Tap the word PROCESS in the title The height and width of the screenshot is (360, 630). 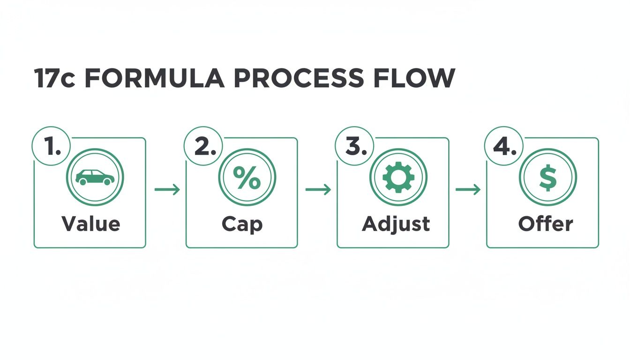pyautogui.click(x=299, y=78)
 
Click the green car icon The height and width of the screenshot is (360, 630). pyautogui.click(x=95, y=178)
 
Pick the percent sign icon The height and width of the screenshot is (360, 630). pyautogui.click(x=247, y=178)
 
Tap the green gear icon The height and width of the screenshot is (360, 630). pyautogui.click(x=398, y=178)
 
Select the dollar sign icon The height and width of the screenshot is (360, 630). pyautogui.click(x=547, y=178)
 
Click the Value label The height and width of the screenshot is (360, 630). pyautogui.click(x=91, y=224)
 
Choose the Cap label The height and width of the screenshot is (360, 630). pyautogui.click(x=242, y=225)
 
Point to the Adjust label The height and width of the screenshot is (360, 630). pyautogui.click(x=396, y=225)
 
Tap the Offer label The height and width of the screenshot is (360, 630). pyautogui.click(x=545, y=224)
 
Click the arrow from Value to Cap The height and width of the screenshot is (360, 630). pyautogui.click(x=167, y=189)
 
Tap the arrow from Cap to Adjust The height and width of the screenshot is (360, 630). pyautogui.click(x=318, y=189)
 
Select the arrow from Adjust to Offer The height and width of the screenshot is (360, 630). pyautogui.click(x=468, y=189)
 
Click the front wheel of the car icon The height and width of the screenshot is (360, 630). pyautogui.click(x=107, y=182)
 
